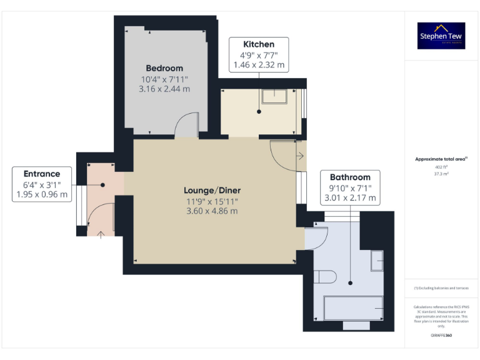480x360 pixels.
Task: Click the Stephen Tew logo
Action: click(x=442, y=36)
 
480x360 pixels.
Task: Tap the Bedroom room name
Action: click(x=164, y=68)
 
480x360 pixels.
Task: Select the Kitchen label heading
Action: click(x=259, y=44)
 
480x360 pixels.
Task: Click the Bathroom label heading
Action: click(x=350, y=177)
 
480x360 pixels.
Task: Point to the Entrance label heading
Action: click(x=42, y=174)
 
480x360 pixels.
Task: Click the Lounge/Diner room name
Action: click(x=212, y=190)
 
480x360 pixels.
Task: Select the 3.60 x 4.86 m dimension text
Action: click(x=212, y=211)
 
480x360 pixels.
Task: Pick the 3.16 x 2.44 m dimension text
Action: click(x=164, y=89)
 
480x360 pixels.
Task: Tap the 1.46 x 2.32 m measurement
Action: click(x=259, y=64)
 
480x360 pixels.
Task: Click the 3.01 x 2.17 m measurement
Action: click(x=350, y=198)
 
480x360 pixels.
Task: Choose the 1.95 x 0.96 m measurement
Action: click(x=42, y=194)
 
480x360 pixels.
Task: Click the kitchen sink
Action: click(x=274, y=96)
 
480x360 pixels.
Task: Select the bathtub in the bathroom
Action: click(x=352, y=307)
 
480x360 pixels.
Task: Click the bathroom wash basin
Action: click(x=377, y=261)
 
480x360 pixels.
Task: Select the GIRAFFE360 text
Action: click(x=441, y=336)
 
